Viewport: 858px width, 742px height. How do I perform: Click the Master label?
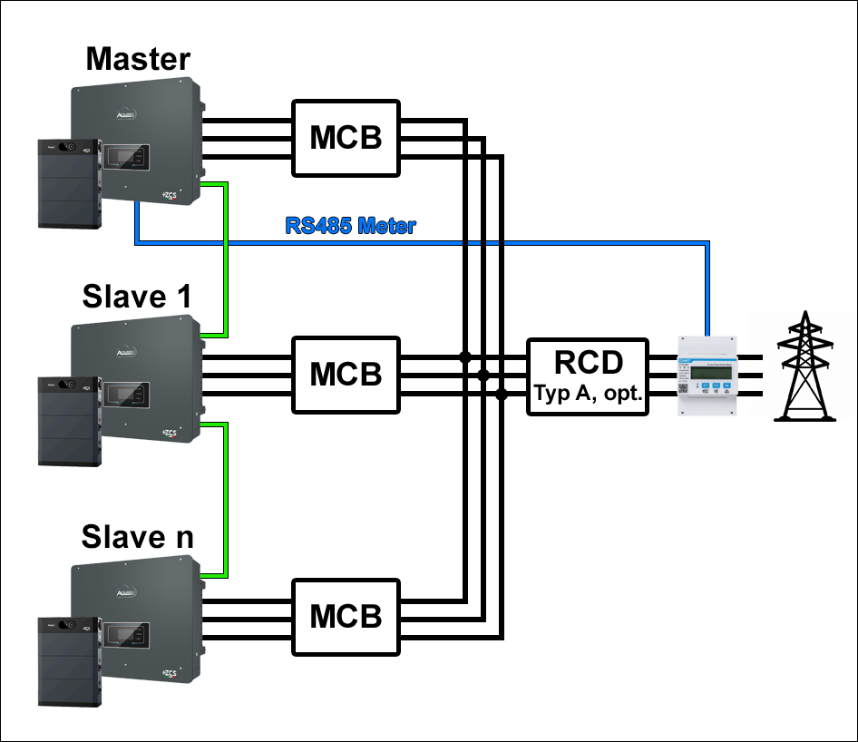[138, 60]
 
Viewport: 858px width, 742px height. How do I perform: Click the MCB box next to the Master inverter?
[346, 138]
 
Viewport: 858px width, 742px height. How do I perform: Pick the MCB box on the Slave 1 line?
[346, 374]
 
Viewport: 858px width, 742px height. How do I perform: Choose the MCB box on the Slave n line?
[346, 616]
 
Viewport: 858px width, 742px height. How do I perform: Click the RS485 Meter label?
[350, 226]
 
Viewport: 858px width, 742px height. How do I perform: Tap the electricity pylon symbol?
[804, 366]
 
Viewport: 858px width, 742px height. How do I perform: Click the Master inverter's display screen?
[125, 157]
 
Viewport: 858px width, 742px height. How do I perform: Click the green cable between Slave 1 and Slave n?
[225, 499]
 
